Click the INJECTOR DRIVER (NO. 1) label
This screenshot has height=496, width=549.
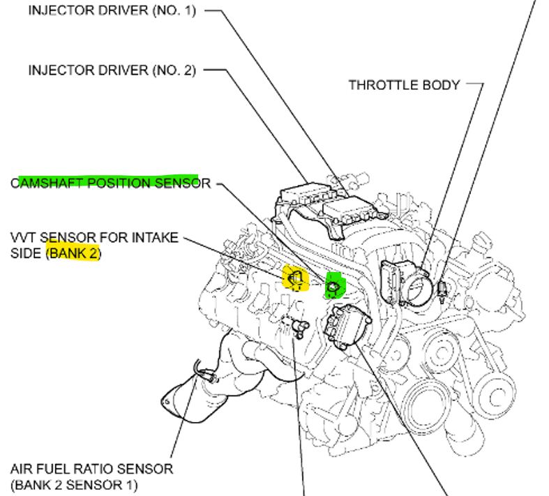click(112, 12)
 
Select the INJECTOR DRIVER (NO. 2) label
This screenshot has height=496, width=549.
click(112, 70)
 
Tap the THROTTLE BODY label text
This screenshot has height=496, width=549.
click(404, 85)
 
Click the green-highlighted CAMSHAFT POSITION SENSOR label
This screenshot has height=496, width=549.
click(110, 183)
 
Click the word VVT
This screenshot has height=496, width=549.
click(24, 238)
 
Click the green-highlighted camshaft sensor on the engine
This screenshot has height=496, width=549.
click(333, 285)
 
